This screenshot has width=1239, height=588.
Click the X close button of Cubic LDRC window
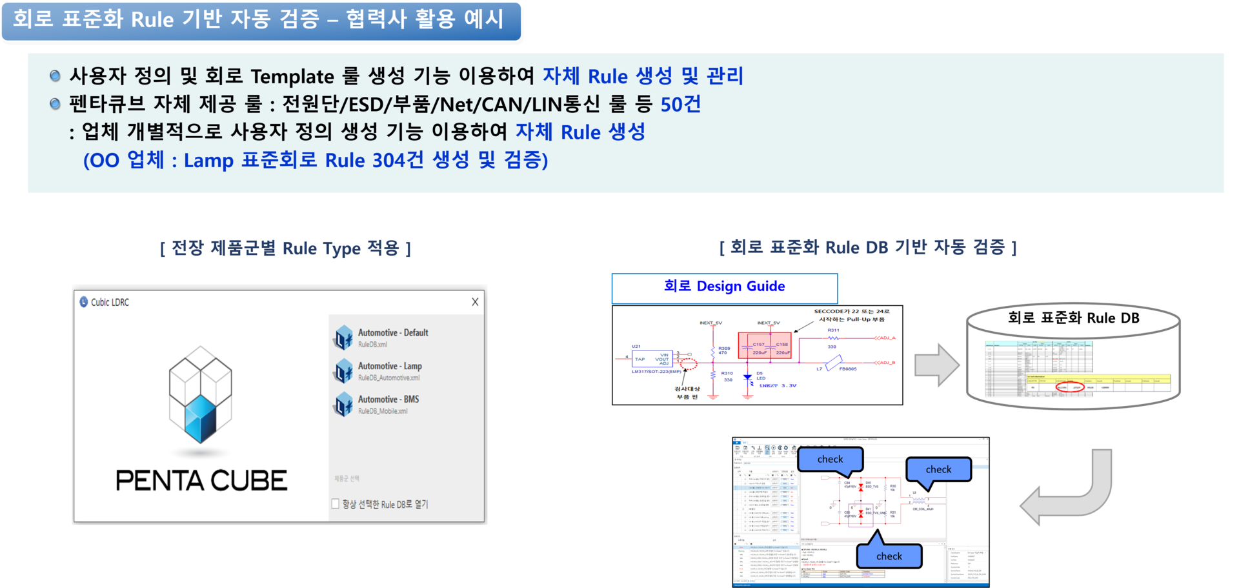tap(475, 302)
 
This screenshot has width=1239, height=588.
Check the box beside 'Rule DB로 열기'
tap(336, 503)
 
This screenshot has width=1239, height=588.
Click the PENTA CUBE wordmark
tap(201, 481)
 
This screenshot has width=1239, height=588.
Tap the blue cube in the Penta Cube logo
tap(200, 418)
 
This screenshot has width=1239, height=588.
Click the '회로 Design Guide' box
tap(724, 287)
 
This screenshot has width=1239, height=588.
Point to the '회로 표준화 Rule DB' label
tap(1073, 318)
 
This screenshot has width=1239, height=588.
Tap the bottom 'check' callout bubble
tap(889, 556)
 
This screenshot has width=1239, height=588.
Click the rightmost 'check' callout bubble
tap(938, 469)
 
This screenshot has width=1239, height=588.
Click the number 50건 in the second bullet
tap(681, 104)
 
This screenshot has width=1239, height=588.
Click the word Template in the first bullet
tap(292, 76)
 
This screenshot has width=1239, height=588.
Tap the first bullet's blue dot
tap(55, 76)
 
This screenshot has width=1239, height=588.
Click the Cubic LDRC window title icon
tap(84, 302)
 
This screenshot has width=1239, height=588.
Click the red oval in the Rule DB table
tap(1069, 387)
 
